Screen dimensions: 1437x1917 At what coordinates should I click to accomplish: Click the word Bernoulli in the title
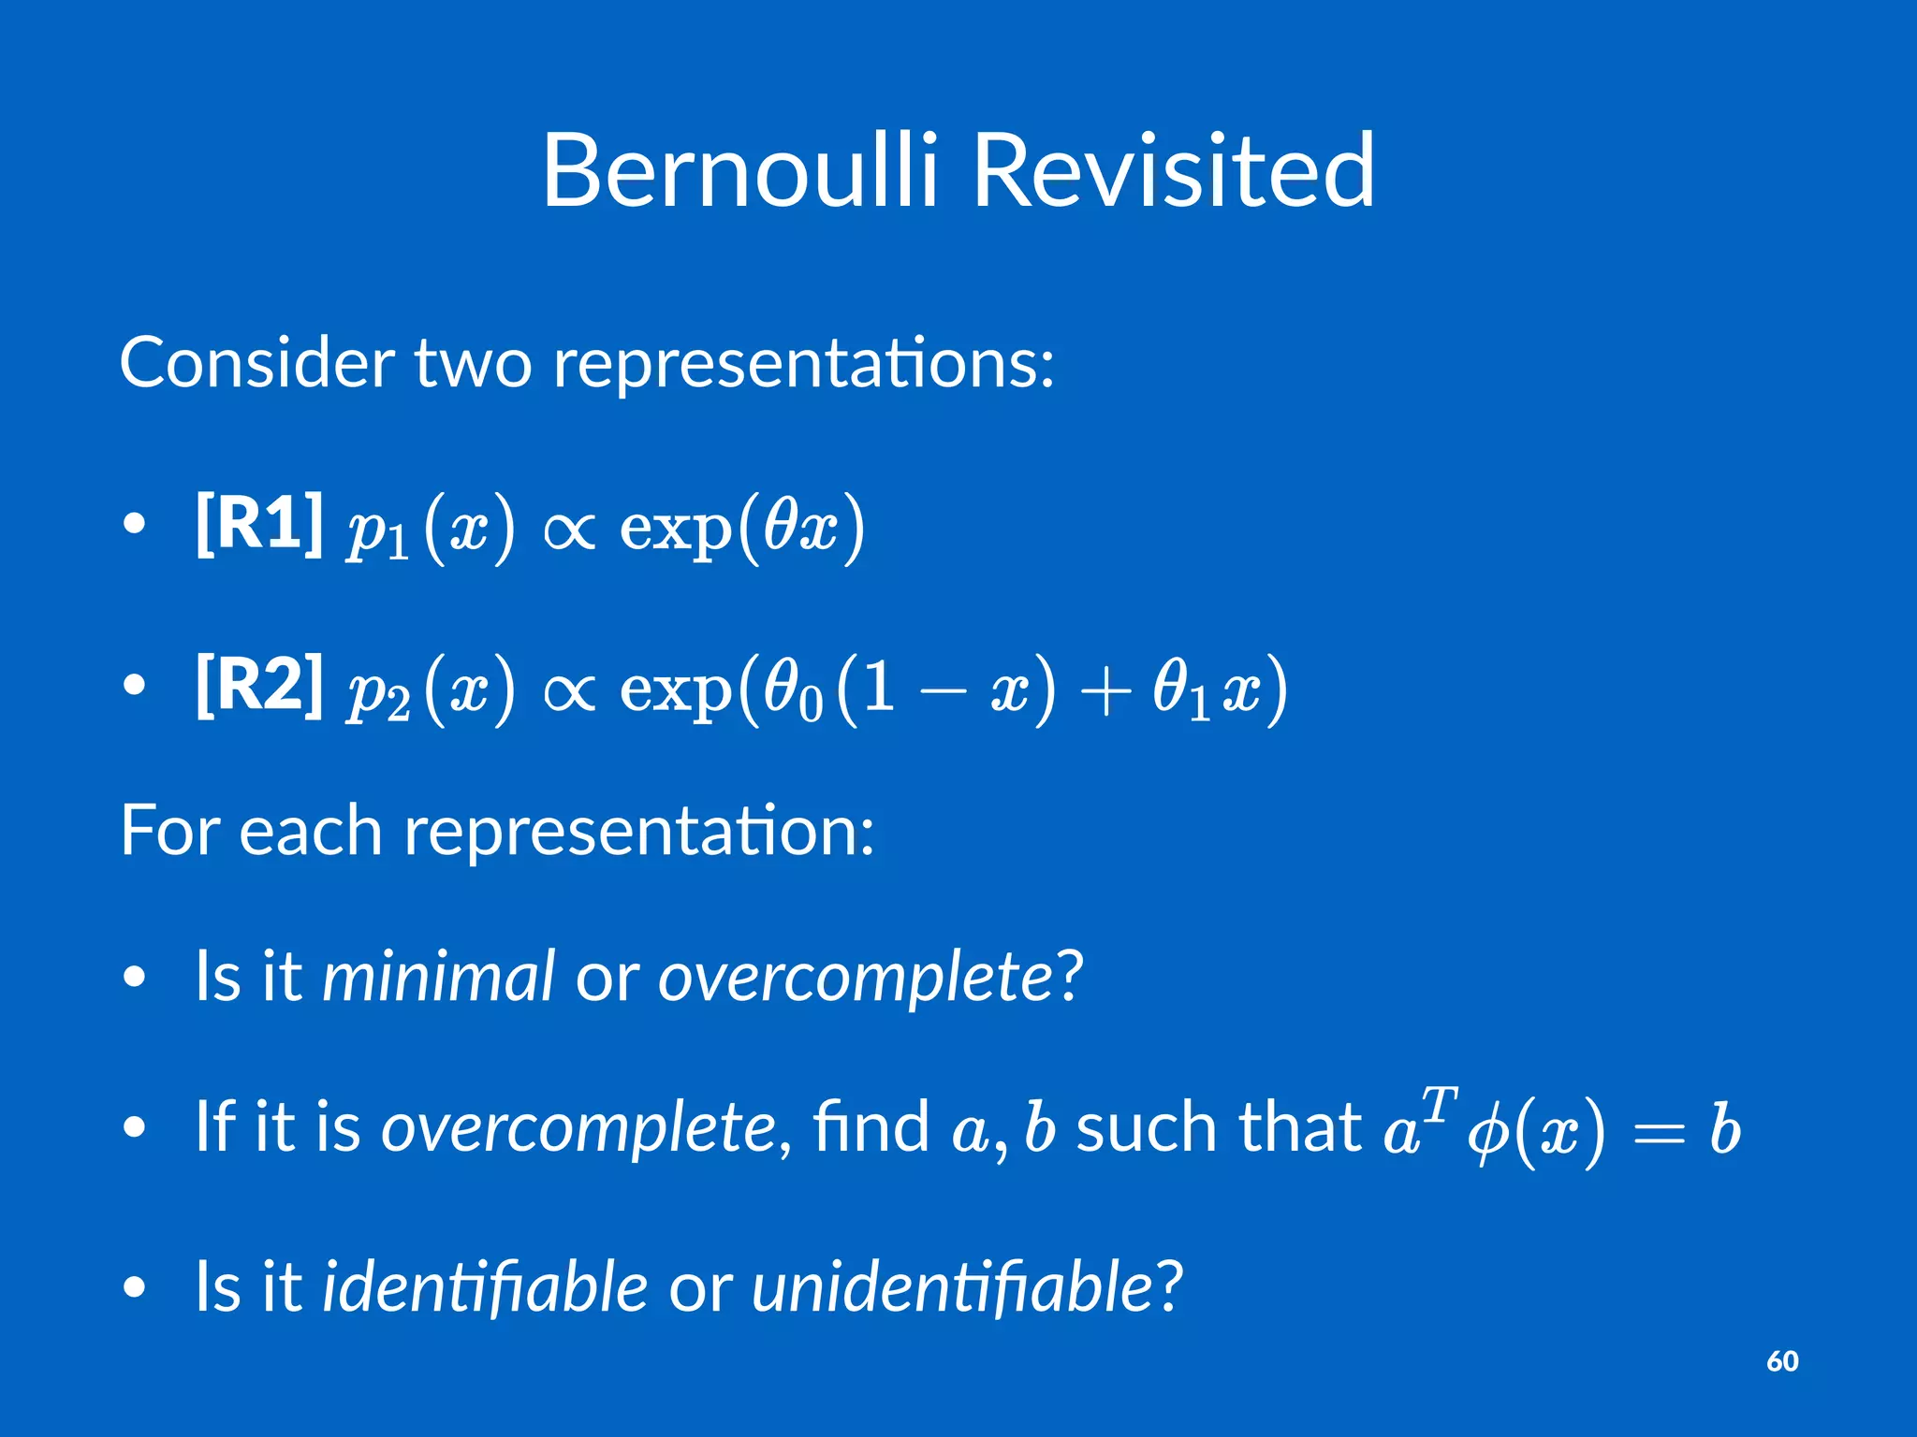coord(739,170)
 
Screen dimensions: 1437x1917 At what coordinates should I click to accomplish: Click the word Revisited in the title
coord(1174,170)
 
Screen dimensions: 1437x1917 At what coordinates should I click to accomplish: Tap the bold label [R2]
coord(259,686)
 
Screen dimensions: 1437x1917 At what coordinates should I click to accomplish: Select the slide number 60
coord(1782,1361)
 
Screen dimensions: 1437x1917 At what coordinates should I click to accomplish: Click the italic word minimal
coord(438,976)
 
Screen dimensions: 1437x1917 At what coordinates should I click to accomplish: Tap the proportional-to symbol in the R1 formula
coord(569,530)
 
